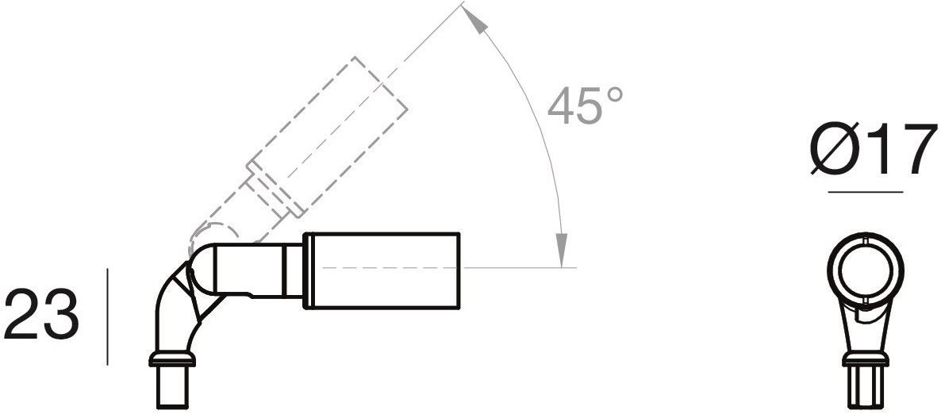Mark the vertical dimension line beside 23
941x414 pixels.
pyautogui.click(x=107, y=316)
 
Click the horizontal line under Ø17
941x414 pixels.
pyautogui.click(x=865, y=192)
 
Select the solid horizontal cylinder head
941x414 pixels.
pyautogui.click(x=382, y=269)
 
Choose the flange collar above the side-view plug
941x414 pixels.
pyautogui.click(x=172, y=362)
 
